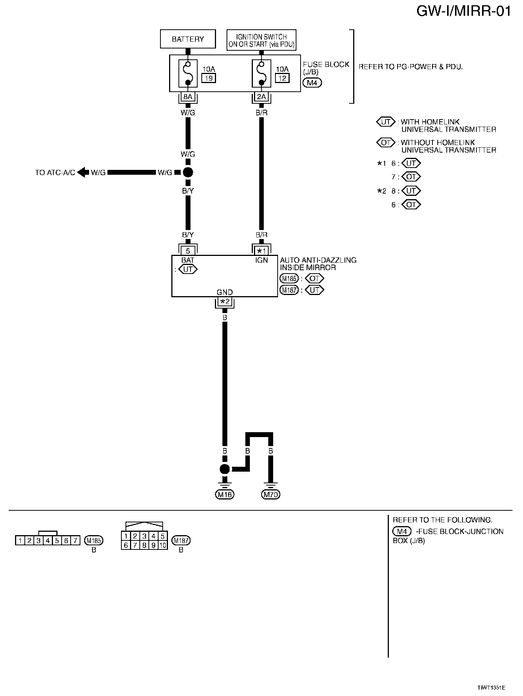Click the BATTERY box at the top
point(188,39)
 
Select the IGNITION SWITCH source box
point(261,40)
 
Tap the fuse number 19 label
point(209,78)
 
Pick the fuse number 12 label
point(282,78)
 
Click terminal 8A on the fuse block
point(188,97)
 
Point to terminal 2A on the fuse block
point(261,97)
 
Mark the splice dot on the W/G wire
point(188,172)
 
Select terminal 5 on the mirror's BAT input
point(188,251)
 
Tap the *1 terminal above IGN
point(261,251)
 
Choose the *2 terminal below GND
point(225,301)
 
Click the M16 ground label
point(225,495)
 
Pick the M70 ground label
point(271,495)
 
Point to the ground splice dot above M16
point(225,469)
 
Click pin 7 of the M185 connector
point(75,541)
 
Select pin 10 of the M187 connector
point(163,545)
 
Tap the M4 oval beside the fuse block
point(312,83)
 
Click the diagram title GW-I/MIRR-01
point(464,11)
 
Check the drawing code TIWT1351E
point(491,688)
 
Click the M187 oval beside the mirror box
point(289,290)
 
